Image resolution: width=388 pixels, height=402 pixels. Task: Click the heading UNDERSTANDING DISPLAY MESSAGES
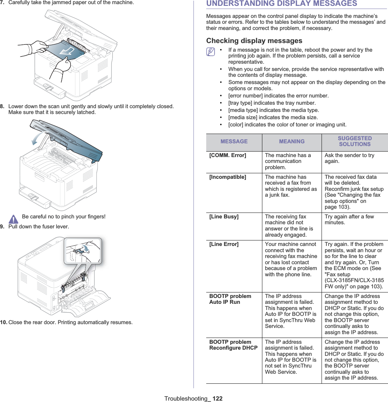click(x=282, y=4)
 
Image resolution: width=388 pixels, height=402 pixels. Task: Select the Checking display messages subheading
click(x=254, y=41)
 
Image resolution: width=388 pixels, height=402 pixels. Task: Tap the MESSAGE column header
click(x=234, y=142)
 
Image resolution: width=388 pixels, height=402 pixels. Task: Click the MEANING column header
click(x=292, y=142)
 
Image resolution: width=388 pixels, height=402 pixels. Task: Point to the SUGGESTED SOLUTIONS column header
click(x=355, y=141)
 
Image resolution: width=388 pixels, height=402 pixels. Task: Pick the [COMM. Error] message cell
click(x=228, y=155)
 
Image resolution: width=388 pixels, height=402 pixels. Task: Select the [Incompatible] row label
click(x=228, y=177)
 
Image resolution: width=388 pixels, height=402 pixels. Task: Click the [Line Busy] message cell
click(x=224, y=217)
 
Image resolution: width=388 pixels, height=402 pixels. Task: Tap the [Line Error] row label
click(x=224, y=244)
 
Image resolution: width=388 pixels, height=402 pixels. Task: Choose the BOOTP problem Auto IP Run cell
click(x=230, y=299)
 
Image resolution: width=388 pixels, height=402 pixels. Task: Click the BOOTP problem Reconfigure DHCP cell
click(x=233, y=345)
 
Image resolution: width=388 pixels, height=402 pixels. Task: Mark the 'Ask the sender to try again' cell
click(x=349, y=158)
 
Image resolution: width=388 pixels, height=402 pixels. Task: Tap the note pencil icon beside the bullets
click(x=210, y=52)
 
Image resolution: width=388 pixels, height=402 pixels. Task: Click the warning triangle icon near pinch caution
click(x=13, y=219)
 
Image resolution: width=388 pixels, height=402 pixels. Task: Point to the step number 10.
click(x=3, y=322)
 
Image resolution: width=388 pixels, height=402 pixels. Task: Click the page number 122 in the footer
click(x=217, y=399)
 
